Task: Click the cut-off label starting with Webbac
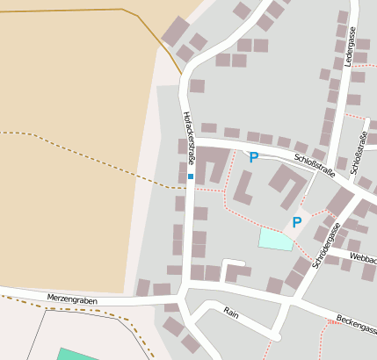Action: pos(363,258)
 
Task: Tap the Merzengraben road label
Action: pos(72,299)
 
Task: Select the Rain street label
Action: pos(231,312)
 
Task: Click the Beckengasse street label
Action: pos(356,324)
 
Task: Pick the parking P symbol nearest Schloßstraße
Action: pos(253,157)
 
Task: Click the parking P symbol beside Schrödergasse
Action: pos(296,222)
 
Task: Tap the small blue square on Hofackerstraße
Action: pos(190,176)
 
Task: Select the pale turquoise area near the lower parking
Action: pos(276,237)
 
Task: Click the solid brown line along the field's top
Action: pos(70,11)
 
